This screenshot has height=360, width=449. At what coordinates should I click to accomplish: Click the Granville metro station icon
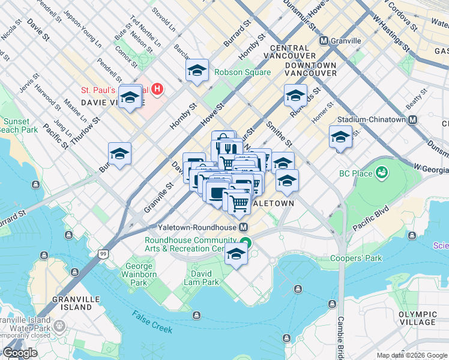[324, 41]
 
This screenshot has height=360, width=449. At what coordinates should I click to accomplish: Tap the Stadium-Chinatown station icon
[412, 119]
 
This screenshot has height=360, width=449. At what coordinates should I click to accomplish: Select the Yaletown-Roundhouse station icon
[244, 227]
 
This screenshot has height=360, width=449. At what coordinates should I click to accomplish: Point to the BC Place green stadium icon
[381, 173]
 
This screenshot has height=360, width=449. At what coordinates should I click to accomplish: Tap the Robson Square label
[243, 72]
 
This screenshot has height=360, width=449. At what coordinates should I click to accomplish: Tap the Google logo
[20, 353]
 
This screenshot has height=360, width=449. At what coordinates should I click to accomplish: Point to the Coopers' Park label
[357, 259]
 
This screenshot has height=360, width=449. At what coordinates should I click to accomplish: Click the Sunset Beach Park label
[17, 125]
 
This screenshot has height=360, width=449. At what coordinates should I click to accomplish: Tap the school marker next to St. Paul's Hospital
[130, 97]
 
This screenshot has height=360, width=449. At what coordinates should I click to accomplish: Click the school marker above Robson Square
[197, 71]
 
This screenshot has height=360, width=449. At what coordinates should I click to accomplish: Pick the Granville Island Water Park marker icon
[59, 326]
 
